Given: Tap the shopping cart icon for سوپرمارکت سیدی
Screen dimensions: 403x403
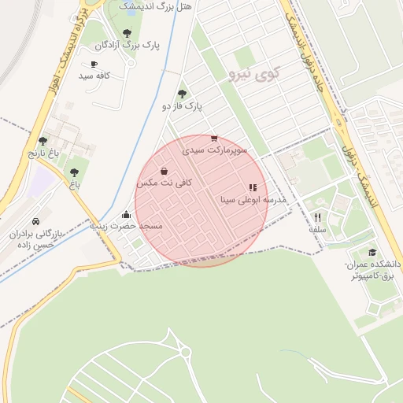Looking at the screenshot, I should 214,138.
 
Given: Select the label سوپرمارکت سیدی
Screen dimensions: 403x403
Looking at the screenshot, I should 215,149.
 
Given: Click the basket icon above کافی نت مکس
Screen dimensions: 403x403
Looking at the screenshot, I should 164,171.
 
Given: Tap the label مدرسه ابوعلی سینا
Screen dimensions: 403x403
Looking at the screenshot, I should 253,200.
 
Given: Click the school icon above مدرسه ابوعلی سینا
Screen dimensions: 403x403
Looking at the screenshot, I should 253,188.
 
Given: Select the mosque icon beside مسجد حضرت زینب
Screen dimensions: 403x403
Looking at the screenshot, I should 126,215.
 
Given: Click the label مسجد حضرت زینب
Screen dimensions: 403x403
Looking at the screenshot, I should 127,226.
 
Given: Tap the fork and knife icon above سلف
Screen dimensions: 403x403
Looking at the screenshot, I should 318,217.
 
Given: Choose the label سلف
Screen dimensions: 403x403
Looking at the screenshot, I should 317,229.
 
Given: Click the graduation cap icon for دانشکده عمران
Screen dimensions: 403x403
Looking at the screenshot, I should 372,253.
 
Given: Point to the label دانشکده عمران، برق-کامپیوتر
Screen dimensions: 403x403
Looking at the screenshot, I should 373,270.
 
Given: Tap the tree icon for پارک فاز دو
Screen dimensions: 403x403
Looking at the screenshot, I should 183,93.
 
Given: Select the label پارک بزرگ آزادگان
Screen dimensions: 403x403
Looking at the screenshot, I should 127,46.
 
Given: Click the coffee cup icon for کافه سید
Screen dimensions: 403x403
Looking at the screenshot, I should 94,65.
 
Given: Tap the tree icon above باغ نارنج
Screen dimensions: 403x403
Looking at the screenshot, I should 43,141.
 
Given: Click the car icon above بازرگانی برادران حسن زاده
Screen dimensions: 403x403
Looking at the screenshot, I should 37,222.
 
